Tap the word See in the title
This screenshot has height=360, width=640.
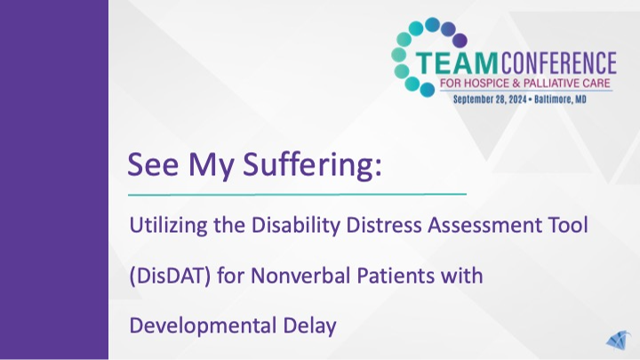pyautogui.click(x=151, y=164)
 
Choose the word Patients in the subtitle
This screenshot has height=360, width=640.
pyautogui.click(x=389, y=276)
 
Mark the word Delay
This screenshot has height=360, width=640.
pyautogui.click(x=310, y=326)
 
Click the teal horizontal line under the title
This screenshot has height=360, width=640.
pyautogui.click(x=297, y=193)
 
